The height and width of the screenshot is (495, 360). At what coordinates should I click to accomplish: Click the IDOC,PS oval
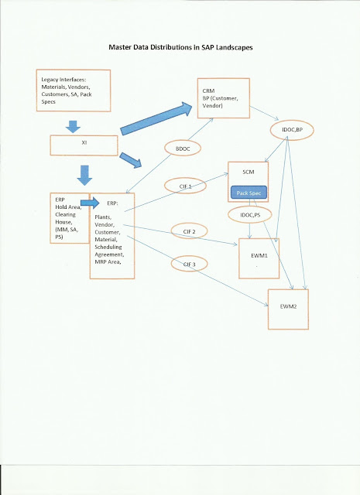249,213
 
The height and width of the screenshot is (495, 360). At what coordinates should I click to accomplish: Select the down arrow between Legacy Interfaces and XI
73,125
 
